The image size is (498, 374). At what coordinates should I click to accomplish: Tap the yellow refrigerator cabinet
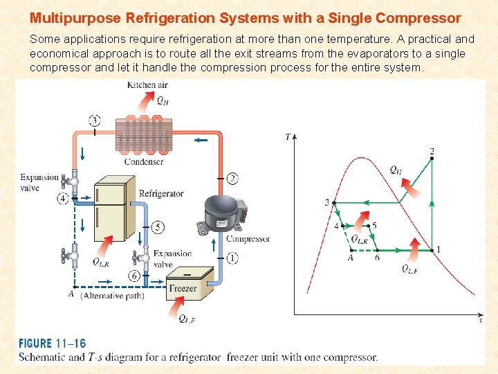[113, 208]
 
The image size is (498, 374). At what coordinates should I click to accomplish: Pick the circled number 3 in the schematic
[95, 121]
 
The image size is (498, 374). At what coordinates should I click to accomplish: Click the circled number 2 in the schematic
[233, 179]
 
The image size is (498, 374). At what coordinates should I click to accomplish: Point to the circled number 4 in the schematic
[64, 199]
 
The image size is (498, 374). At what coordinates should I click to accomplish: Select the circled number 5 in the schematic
[158, 226]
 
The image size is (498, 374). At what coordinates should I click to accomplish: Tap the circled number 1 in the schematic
[232, 258]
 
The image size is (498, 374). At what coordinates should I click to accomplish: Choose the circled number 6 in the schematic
[133, 276]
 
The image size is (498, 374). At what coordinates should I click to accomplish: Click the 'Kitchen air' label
[148, 85]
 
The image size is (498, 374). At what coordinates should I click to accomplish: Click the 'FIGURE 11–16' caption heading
[53, 344]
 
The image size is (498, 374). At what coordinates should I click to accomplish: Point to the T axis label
[288, 137]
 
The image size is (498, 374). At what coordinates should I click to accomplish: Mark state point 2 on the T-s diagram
[432, 159]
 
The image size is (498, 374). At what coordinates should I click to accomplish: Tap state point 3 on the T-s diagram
[334, 203]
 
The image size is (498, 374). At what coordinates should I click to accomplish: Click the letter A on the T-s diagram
[351, 258]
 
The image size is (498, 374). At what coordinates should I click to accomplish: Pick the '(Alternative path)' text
[113, 296]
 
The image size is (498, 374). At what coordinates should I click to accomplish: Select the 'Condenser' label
[144, 162]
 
